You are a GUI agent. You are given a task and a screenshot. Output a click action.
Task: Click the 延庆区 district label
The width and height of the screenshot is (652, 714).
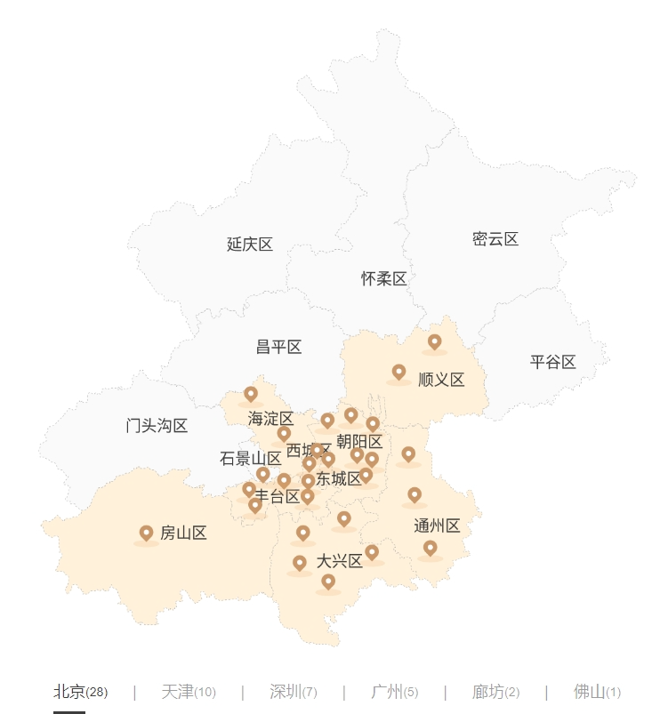tap(249, 245)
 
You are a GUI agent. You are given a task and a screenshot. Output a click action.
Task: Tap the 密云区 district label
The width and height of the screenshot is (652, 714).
tap(495, 239)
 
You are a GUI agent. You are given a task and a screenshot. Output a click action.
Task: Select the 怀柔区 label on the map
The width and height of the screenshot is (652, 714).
tap(383, 279)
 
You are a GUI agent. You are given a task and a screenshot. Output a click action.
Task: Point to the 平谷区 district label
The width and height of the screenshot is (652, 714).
tap(553, 362)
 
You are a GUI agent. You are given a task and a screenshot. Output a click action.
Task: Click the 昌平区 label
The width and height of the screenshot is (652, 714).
tap(278, 347)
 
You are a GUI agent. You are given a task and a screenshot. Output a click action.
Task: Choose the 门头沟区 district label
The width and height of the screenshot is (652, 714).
tap(157, 426)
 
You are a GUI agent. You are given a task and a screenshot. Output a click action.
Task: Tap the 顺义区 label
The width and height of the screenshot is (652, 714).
tap(441, 380)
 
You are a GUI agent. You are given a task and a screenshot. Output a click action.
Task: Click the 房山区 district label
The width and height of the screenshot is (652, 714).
tap(183, 533)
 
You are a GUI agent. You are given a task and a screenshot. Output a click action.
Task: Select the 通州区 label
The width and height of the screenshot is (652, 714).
tap(437, 526)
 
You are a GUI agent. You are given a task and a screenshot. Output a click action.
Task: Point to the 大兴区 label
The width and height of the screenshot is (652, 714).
tap(339, 561)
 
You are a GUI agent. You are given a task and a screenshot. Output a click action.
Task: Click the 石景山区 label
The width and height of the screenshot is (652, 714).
tap(251, 459)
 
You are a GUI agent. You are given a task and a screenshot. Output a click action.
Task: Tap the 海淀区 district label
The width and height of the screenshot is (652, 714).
tap(270, 419)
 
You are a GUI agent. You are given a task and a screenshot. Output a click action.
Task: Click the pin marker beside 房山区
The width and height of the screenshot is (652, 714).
tap(147, 533)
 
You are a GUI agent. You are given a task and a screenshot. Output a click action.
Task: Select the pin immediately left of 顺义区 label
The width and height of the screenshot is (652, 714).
tap(398, 372)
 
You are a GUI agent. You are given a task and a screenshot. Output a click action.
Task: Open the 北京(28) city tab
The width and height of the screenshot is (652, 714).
tap(81, 692)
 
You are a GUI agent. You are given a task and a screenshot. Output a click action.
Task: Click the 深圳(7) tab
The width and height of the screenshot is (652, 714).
tap(294, 692)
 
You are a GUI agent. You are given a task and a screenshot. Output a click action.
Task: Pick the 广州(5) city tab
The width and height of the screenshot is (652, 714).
tap(394, 692)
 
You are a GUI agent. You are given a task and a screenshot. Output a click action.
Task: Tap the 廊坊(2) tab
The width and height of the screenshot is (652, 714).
tap(496, 692)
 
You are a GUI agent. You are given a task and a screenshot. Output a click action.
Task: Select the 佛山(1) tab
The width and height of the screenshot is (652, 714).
tap(597, 692)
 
